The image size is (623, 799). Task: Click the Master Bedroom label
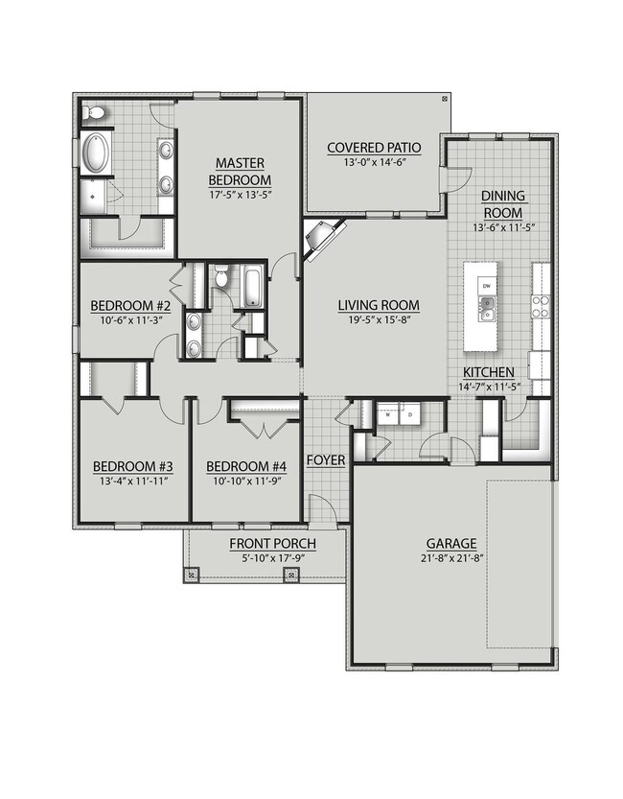(240, 172)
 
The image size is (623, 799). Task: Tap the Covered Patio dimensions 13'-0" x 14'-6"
(374, 162)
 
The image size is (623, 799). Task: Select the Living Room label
(379, 305)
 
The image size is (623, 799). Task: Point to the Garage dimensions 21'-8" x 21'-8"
(451, 558)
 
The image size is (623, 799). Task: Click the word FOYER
(326, 460)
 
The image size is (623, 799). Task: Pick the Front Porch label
(273, 544)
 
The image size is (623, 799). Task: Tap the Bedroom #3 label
(133, 466)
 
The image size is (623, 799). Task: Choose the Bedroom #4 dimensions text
(247, 481)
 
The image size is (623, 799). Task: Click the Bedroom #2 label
(130, 306)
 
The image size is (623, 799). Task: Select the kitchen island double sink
(487, 309)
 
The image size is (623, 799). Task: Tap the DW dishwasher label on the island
(486, 286)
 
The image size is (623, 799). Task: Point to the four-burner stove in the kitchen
(541, 307)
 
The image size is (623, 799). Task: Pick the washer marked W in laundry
(388, 414)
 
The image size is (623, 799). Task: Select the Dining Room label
(503, 203)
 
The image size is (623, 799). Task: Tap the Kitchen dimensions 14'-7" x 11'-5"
(489, 387)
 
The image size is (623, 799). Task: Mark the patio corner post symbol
(445, 99)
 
